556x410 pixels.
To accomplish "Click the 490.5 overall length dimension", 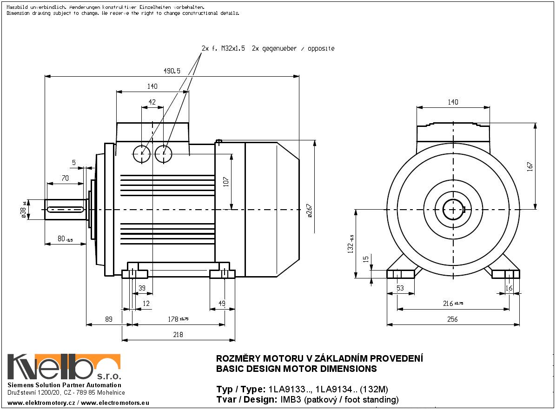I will (172, 71).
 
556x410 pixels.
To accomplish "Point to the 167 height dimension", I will (530, 166).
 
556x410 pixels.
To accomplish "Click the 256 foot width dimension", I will (452, 319).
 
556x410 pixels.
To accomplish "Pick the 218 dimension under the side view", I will (178, 334).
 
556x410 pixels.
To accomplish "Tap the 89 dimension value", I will (109, 319).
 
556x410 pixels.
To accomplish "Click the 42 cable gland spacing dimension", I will (152, 102).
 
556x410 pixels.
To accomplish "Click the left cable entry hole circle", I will (141, 153).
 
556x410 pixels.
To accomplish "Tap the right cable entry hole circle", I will (164, 153).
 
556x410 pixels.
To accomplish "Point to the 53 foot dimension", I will (400, 288).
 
